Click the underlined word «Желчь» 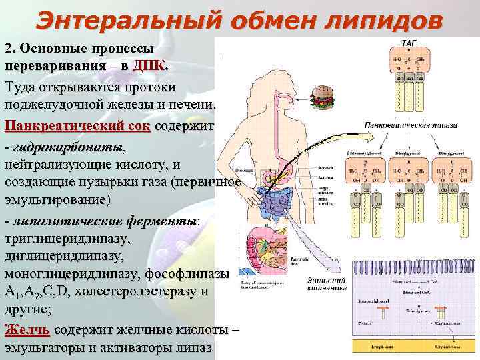click(x=27, y=329)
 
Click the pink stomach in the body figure click(x=273, y=176)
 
